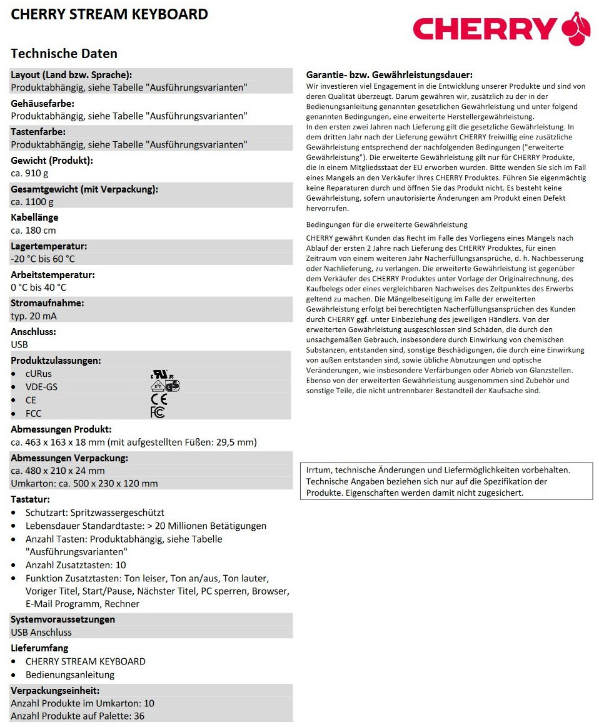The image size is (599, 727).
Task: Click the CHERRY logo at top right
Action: [501, 29]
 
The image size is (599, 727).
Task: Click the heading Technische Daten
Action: [64, 53]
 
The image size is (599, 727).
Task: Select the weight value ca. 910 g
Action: [29, 173]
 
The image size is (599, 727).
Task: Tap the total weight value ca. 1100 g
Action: [32, 201]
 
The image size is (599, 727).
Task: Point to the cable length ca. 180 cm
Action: [33, 230]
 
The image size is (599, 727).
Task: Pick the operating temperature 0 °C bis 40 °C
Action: [39, 288]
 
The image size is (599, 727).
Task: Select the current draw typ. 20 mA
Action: [34, 316]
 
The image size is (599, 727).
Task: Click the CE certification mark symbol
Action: [159, 400]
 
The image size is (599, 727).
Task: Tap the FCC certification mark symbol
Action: [158, 413]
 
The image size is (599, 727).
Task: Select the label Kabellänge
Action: [34, 218]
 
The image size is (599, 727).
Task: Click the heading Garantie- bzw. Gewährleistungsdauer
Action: [389, 74]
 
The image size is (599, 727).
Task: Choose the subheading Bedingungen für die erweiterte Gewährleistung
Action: [387, 224]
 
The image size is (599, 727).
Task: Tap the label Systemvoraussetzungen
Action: [63, 619]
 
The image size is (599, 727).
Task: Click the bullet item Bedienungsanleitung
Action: [70, 674]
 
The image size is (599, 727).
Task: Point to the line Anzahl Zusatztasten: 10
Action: [76, 565]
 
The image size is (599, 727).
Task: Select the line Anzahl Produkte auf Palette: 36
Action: [78, 716]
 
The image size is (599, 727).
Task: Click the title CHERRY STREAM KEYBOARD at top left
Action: [109, 14]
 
